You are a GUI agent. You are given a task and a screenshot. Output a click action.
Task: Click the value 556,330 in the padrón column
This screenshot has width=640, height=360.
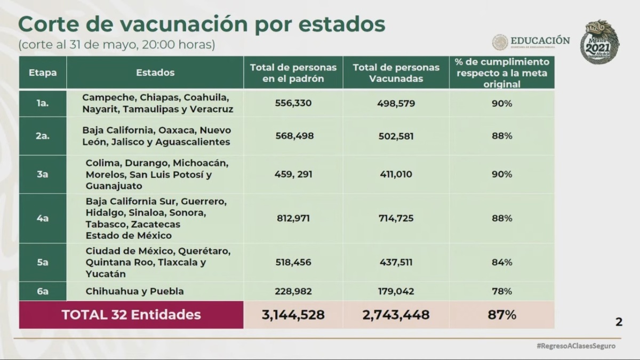pos(293,103)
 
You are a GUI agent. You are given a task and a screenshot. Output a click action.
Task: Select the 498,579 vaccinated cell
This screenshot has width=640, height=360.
pos(395,103)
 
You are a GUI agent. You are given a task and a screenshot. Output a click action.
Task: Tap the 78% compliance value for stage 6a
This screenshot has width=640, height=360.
pos(501,291)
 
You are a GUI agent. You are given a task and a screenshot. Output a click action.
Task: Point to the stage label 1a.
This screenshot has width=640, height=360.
pos(43,103)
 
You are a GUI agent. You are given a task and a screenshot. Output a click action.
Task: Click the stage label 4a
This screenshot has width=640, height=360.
pos(43,218)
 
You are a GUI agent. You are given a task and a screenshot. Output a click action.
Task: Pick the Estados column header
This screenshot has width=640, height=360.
pos(155,73)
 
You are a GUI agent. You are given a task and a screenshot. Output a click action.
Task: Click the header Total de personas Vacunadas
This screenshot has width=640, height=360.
pos(395,73)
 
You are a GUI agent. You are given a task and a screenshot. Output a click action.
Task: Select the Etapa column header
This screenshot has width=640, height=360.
pos(43,73)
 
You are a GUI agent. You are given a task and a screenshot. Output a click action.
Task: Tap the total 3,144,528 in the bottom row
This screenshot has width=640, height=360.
pos(293,315)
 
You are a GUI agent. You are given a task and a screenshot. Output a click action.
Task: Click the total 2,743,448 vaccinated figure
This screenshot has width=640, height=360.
pos(395,315)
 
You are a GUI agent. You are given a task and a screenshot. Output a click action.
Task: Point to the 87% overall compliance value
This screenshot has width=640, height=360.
pos(501,315)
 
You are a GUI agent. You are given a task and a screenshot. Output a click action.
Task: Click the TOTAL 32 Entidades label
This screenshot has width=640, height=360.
pos(131,315)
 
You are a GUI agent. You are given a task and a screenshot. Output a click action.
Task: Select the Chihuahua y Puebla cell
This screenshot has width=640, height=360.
pos(134,291)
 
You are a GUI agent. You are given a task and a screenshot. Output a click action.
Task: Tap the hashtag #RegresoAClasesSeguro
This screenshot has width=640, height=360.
pos(575,346)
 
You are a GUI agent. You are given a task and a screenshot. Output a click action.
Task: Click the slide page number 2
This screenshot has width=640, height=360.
pos(619,322)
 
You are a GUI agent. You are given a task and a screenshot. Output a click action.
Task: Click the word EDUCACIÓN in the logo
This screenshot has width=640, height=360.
pos(540,41)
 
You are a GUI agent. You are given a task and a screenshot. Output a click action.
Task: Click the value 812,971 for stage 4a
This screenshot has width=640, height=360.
pos(293,218)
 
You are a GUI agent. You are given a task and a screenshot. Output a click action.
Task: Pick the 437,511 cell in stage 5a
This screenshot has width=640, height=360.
pos(395,262)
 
